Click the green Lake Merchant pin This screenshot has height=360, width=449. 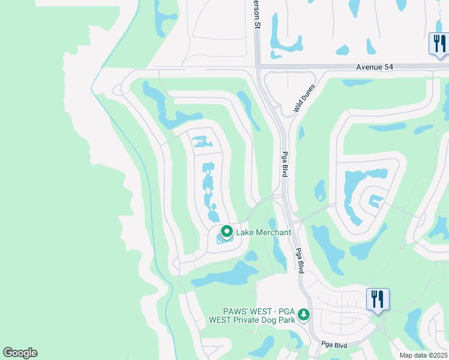pos(227,231)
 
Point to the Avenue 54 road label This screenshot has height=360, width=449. pos(375,67)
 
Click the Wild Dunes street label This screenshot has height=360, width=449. pos(304,98)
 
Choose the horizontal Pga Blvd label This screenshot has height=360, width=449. pos(334,345)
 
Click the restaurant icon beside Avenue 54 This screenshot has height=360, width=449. pos(438,44)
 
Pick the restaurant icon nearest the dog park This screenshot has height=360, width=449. pos(378,299)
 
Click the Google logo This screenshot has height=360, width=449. pos(20,353)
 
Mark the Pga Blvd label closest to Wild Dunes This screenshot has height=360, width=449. pos(285,164)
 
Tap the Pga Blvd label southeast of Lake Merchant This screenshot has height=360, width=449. pos(298,260)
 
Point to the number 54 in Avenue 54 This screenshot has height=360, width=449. pos(387,67)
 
